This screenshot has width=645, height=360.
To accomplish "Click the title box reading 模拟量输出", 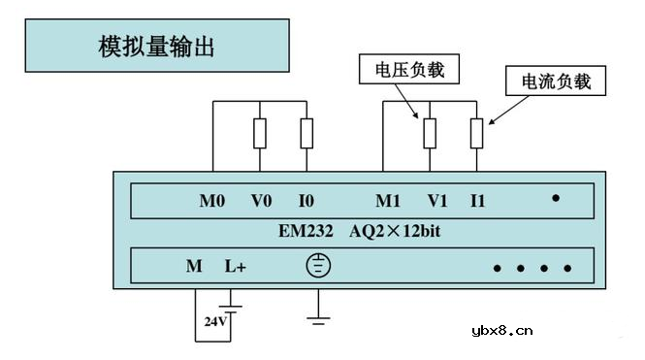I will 156,45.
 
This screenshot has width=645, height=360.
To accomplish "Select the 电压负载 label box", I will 408,70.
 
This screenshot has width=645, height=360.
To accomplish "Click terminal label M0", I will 211,201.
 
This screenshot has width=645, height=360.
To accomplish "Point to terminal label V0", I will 261,201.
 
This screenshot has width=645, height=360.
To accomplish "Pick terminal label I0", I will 306,201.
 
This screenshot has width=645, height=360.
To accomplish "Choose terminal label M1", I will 388,201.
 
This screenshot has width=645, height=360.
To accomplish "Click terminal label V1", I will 437,201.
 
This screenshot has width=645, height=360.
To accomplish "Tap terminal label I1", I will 477,201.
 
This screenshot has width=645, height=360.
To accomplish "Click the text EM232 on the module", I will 303,232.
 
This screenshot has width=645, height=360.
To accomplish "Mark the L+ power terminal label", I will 236,266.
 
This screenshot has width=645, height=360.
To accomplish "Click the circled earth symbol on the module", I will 318,265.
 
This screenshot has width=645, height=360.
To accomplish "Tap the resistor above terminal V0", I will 260,133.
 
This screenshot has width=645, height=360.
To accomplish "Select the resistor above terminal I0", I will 306,133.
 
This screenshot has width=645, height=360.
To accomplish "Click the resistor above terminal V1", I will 429,133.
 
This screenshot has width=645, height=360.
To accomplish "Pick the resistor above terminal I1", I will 476,133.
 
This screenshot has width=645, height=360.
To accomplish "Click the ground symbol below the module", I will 318,314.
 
